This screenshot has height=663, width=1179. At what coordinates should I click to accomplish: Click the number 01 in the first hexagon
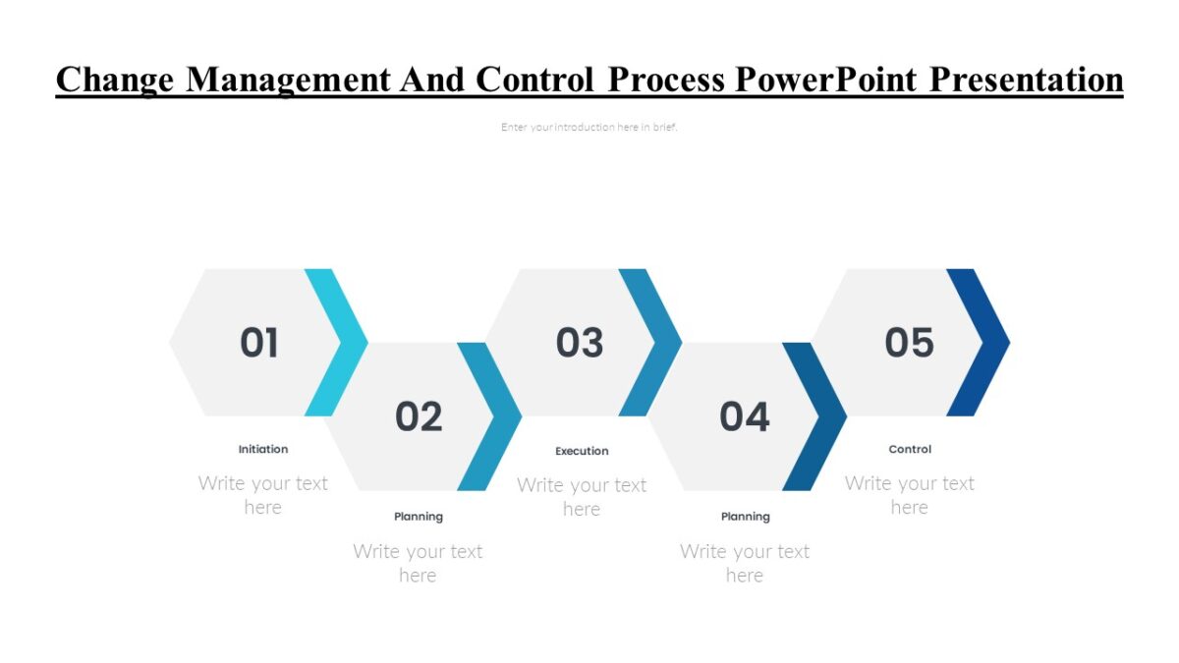[259, 343]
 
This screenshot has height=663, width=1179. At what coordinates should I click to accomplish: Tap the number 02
[419, 417]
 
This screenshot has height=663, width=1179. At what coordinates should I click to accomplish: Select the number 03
[580, 343]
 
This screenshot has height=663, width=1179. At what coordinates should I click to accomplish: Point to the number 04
[744, 417]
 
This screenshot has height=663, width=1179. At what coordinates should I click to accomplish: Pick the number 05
[909, 343]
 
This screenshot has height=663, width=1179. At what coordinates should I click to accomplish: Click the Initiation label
[263, 449]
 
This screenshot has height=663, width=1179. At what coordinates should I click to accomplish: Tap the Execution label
[582, 451]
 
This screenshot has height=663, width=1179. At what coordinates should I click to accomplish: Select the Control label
[910, 449]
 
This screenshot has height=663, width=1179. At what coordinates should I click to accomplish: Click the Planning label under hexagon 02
[419, 517]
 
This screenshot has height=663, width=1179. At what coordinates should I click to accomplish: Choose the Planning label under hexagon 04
[746, 517]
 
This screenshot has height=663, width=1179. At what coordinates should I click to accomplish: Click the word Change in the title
[115, 81]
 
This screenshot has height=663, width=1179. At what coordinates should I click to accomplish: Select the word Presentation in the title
[1026, 79]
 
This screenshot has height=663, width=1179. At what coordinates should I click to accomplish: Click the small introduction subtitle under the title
[589, 127]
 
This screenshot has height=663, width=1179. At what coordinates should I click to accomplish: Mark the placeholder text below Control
[909, 495]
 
